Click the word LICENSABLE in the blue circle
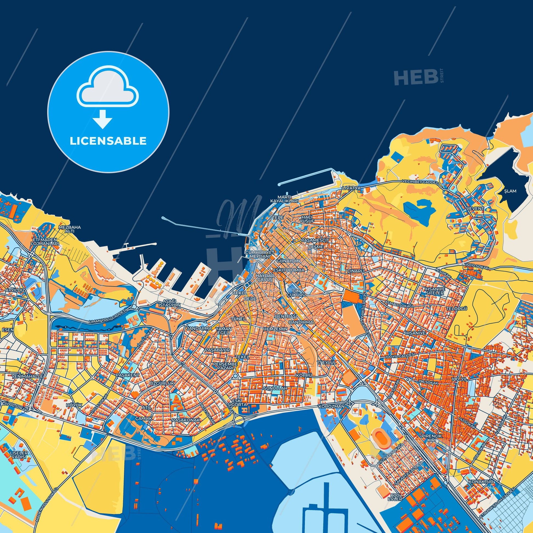(x=108, y=141)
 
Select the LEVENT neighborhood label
(x=475, y=208)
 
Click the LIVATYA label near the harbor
(x=351, y=188)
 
